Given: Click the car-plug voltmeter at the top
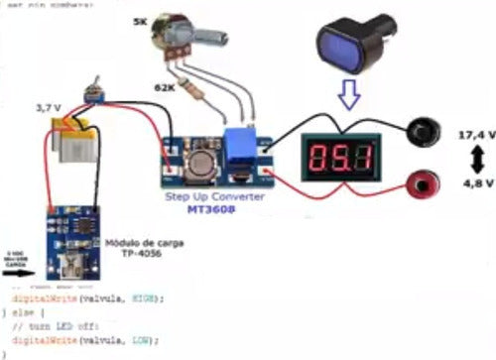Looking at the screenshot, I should click(355, 45).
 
